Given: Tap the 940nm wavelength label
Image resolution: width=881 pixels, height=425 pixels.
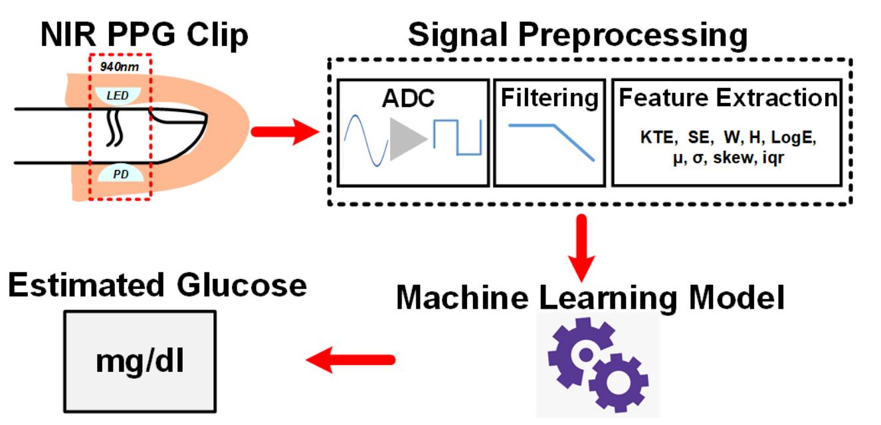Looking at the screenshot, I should coord(120,66).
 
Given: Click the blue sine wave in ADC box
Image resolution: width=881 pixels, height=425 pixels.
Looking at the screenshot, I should coord(365,139).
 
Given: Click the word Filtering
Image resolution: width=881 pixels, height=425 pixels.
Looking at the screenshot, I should coord(549,98).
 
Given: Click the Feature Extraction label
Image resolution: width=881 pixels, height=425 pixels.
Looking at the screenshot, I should coord(727,98).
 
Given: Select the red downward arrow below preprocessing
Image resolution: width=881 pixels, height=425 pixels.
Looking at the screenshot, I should coord(583,249).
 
